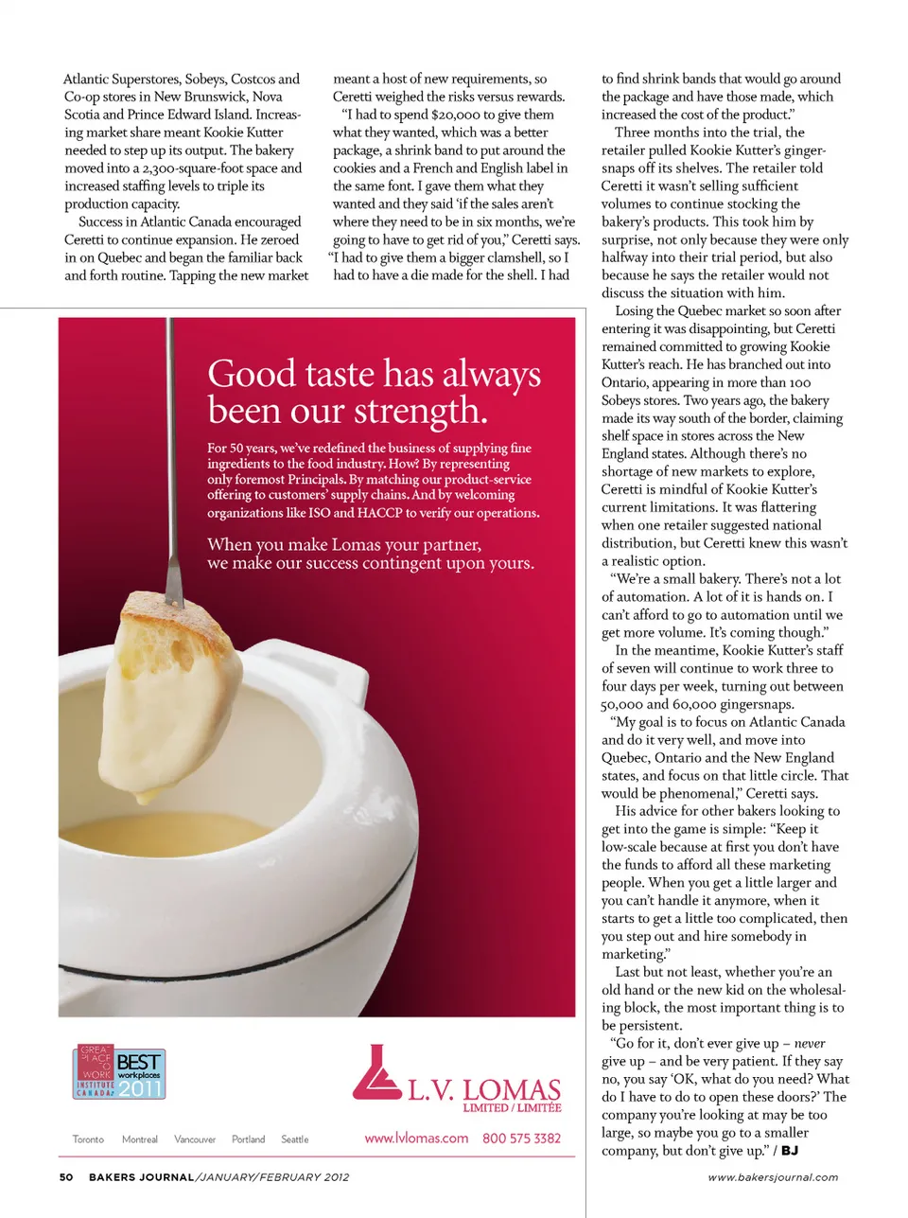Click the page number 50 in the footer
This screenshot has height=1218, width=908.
point(66,1177)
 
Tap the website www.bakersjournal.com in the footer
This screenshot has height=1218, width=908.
point(773,1177)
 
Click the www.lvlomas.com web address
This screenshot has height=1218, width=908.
point(416,1139)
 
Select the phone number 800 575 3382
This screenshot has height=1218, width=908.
point(521,1139)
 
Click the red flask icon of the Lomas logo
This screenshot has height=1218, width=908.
point(375,1074)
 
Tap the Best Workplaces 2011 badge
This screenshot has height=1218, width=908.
point(120,1072)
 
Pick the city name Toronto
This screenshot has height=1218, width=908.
point(88,1139)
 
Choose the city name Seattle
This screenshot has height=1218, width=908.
point(294,1139)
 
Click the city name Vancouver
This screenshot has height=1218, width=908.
point(195,1139)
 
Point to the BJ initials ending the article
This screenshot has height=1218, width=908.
point(790,1151)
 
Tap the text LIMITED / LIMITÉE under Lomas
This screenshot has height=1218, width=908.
point(512,1107)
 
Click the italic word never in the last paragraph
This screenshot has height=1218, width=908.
point(810,1043)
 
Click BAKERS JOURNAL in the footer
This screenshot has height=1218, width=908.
point(141,1177)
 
